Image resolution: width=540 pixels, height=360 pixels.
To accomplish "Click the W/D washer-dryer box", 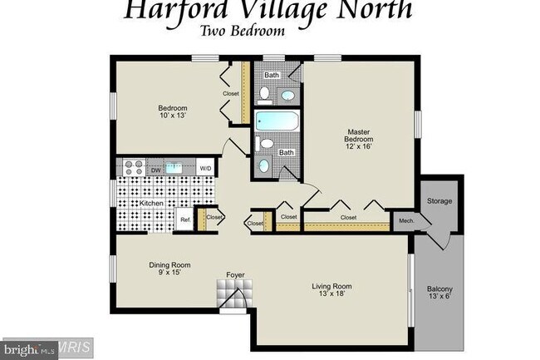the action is (x=205, y=168).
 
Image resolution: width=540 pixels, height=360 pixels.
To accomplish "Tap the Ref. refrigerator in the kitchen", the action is (x=185, y=219).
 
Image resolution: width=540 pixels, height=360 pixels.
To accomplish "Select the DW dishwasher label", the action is (x=155, y=170).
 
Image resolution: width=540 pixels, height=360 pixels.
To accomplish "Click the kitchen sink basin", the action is (x=174, y=168).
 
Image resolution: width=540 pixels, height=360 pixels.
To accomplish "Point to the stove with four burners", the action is (x=134, y=167).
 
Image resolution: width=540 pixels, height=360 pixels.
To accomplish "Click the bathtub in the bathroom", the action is (x=277, y=121).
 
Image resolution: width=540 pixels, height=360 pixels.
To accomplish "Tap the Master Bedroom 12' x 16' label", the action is (x=359, y=139).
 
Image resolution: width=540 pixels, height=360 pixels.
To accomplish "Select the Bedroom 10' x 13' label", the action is (x=173, y=111).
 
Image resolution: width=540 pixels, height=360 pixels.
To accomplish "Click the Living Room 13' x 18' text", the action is (x=331, y=289).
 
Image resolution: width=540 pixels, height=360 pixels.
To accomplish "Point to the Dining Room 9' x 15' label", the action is (x=169, y=269).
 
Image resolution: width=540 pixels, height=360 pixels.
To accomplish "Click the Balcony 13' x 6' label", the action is (x=439, y=293).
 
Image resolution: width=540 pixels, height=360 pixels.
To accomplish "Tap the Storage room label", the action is (x=439, y=201).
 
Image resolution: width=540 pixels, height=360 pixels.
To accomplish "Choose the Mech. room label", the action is (x=406, y=221).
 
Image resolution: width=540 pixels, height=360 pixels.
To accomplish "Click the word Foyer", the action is (x=235, y=275).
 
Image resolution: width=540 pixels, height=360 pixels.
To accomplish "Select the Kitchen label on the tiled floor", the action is (x=151, y=203).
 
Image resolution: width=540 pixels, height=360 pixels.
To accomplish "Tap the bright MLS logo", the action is (x=30, y=350).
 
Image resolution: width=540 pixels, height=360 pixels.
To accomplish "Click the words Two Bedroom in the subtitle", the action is (x=242, y=31).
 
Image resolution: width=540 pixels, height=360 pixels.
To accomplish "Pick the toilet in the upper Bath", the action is (x=264, y=95).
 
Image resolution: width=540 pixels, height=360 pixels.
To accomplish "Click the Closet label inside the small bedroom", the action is (x=230, y=93).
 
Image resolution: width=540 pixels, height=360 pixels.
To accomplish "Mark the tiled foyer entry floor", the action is (x=234, y=293).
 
